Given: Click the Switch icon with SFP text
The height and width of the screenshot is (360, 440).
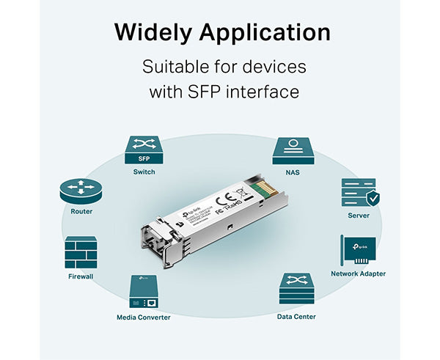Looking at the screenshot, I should click(144, 150).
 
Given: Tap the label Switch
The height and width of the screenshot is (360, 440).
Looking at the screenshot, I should click(144, 172).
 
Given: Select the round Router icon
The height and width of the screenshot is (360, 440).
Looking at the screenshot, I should click(81, 191).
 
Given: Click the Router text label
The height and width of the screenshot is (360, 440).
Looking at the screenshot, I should click(81, 211).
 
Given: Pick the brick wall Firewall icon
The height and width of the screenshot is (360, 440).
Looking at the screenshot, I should click(81, 252).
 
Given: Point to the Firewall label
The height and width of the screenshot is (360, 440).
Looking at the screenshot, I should click(81, 276).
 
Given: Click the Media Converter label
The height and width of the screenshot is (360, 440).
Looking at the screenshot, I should click(144, 317).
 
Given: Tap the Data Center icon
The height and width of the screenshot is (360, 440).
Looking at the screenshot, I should click(296, 290).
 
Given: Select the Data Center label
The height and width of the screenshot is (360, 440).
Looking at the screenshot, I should click(296, 317).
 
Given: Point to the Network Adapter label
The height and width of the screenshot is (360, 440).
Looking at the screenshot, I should click(358, 273).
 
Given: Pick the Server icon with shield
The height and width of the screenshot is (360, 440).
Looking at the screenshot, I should click(359, 192).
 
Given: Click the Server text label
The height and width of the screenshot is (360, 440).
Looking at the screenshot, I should click(359, 216).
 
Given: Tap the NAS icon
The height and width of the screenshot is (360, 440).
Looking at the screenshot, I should click(293, 150).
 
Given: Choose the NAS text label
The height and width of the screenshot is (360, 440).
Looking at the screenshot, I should click(293, 172).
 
